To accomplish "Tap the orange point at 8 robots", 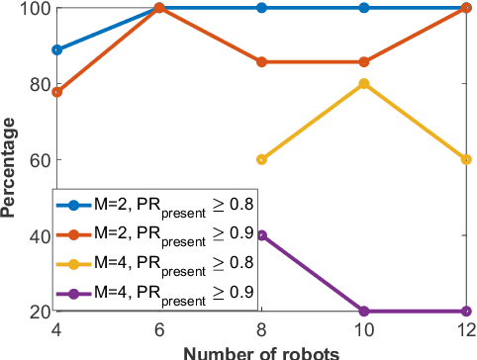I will point(261,62).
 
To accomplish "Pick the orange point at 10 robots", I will point(364,62).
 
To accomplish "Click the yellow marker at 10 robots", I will point(364,83).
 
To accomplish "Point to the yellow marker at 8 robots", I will point(261,159).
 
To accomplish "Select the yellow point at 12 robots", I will point(467,159).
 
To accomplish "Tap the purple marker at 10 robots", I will point(364,311).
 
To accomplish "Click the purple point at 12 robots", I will point(467,311).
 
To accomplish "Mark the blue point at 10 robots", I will point(364,8).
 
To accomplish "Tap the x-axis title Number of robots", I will point(261,351).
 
